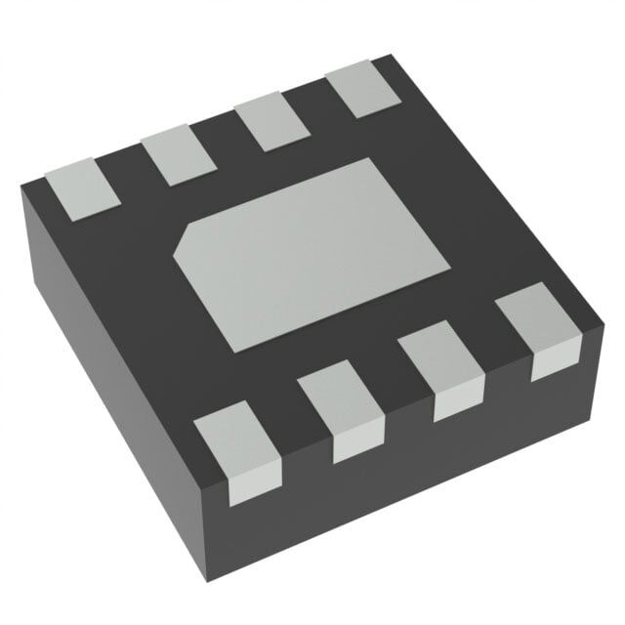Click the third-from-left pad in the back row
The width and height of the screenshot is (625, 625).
point(271,127)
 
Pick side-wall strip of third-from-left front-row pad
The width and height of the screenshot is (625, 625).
point(456,403)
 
